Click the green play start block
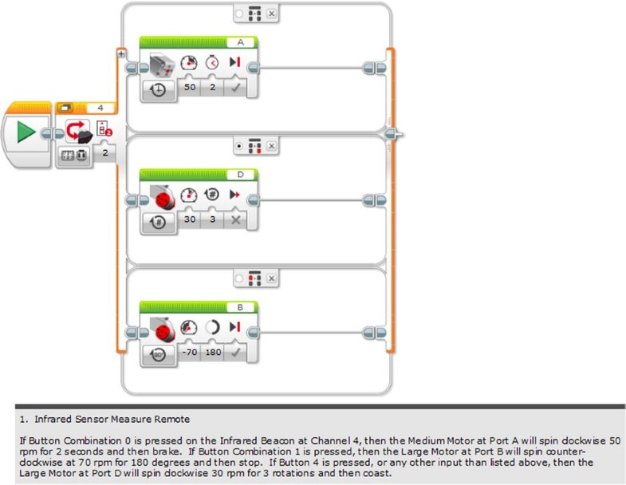pos(26,132)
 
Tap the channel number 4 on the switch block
pos(100,107)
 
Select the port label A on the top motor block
pos(241,41)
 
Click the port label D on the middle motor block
pos(241,175)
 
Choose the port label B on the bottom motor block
pos(241,306)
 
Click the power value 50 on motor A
pos(190,86)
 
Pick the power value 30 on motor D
pos(190,219)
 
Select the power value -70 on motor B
pos(190,351)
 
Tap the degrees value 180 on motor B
pos(213,351)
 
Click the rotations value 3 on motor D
pos(213,219)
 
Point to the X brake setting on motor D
pos(235,219)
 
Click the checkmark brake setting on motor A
pos(235,86)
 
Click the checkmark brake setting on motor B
pos(235,351)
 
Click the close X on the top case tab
pos(272,14)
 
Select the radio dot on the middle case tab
pos(240,147)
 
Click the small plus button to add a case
pos(120,53)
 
